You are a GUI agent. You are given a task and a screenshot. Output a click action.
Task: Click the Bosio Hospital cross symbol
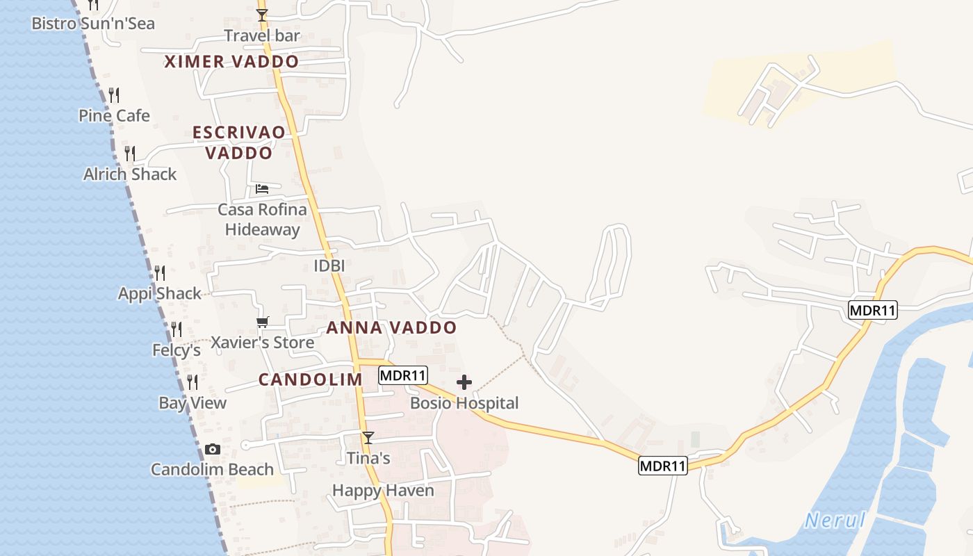coord(464,382)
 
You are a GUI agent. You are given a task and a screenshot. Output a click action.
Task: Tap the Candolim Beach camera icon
coord(213,450)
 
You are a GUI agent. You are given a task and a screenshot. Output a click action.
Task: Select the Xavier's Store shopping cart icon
coord(262,322)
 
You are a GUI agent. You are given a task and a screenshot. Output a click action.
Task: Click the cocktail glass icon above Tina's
coord(368,437)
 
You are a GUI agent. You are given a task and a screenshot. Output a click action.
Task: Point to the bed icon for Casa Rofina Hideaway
coord(262,188)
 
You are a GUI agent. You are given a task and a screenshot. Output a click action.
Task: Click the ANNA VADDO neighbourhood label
coord(391,327)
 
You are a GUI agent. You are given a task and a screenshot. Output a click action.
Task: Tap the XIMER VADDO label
coord(231,61)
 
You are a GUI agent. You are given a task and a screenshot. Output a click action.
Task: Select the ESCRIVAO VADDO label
coord(239,142)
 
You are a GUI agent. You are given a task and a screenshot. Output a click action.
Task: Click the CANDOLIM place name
coord(311,379)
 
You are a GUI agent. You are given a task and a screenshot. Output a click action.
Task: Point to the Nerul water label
coord(835,521)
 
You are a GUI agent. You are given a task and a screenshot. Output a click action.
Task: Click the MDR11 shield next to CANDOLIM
coord(403,375)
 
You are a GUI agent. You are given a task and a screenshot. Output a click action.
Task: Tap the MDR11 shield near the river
coord(873,310)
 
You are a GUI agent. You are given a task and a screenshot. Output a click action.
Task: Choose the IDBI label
coord(329,265)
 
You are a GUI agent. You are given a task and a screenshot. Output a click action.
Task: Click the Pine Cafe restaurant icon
coord(114,95)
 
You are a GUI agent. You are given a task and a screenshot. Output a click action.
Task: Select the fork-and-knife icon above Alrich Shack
coord(130,153)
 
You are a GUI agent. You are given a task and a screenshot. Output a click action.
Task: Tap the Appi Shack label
coord(160,293)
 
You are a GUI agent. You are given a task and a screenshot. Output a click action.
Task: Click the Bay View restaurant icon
coord(193,382)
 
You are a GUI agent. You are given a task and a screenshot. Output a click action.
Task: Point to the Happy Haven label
coord(383,491)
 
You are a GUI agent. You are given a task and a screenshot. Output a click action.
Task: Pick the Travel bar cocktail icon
coord(262,15)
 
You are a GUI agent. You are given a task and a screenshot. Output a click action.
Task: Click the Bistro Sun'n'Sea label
coord(93,24)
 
